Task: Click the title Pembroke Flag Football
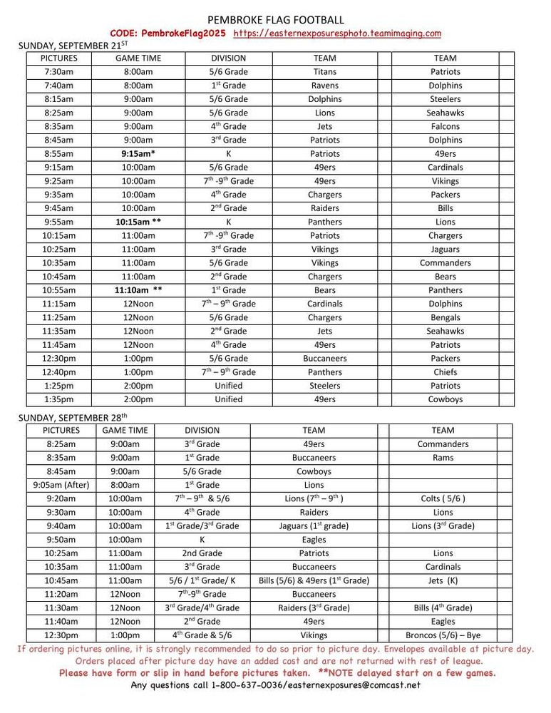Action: (x=275, y=20)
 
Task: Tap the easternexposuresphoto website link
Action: (x=337, y=34)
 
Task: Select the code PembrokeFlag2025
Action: (x=168, y=34)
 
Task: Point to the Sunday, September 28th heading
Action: (x=72, y=417)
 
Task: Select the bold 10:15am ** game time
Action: (x=138, y=222)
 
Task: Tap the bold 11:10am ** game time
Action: (x=138, y=290)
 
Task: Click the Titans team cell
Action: (x=325, y=71)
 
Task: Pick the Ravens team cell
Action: (x=325, y=86)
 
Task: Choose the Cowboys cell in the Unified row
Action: (x=445, y=399)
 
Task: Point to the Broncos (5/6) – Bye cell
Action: (x=443, y=635)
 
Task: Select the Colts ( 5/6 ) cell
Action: (x=443, y=498)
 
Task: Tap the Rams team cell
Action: (x=443, y=458)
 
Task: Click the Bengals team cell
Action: (x=445, y=317)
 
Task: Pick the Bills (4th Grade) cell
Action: (x=443, y=608)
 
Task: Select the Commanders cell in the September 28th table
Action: (x=443, y=443)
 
